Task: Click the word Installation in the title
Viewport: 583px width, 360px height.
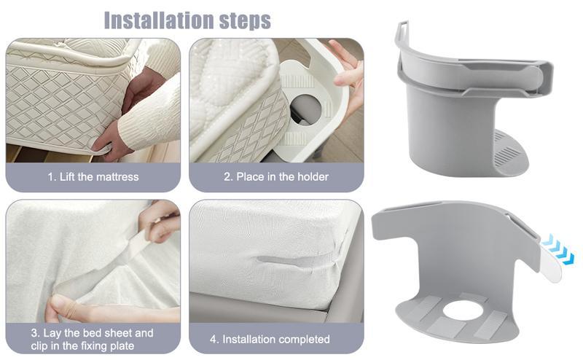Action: tap(160, 20)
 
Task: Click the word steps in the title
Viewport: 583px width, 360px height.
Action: tap(245, 21)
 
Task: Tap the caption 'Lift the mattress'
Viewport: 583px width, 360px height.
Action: tap(99, 176)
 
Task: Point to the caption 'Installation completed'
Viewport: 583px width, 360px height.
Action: tap(276, 339)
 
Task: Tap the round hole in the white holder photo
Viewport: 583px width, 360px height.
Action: tap(305, 109)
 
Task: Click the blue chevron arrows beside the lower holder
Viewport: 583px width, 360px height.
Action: tap(558, 250)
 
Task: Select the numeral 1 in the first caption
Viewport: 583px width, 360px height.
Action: tap(51, 176)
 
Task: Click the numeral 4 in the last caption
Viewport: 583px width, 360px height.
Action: tap(214, 339)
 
